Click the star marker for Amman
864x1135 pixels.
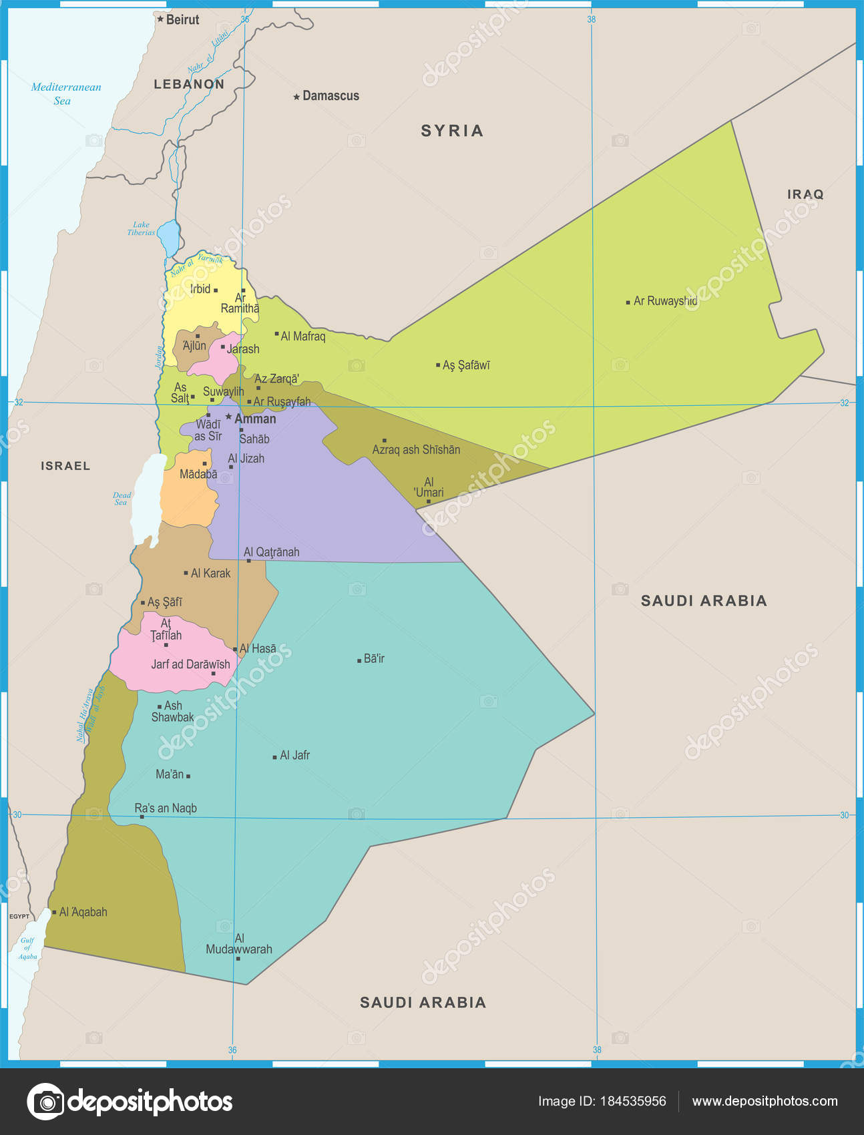tap(228, 417)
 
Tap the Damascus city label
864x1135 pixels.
tap(331, 96)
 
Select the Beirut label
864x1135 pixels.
tap(182, 20)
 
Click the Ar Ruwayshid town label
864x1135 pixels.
tap(665, 301)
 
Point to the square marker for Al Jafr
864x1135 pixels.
tap(274, 757)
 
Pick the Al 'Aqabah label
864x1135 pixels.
tap(83, 912)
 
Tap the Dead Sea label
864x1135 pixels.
tap(122, 499)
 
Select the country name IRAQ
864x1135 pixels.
tap(805, 194)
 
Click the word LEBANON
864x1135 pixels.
tap(189, 84)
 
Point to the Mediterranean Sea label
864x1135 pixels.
tap(65, 94)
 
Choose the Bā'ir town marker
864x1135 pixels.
tap(359, 660)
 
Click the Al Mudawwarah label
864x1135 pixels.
tap(239, 944)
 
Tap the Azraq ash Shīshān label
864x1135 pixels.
tap(416, 450)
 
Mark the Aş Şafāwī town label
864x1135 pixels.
tap(466, 365)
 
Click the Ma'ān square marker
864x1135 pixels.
tap(188, 776)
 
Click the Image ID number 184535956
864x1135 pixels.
tap(634, 1101)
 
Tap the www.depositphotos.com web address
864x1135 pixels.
tap(765, 1101)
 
